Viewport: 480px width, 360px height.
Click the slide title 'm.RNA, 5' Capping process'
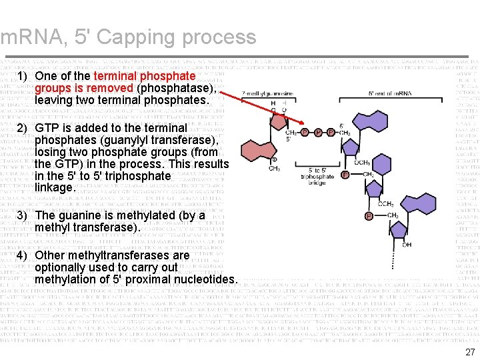pyautogui.click(x=129, y=37)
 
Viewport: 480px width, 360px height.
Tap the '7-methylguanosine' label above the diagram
pyautogui.click(x=267, y=93)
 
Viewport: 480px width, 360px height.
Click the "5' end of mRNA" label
pyautogui.click(x=390, y=93)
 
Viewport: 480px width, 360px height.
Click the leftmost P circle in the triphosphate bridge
pyautogui.click(x=305, y=132)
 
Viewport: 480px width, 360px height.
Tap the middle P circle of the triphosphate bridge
pyautogui.click(x=318, y=132)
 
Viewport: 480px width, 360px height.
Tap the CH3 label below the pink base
pyautogui.click(x=274, y=169)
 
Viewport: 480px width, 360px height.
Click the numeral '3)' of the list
pyautogui.click(x=22, y=215)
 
